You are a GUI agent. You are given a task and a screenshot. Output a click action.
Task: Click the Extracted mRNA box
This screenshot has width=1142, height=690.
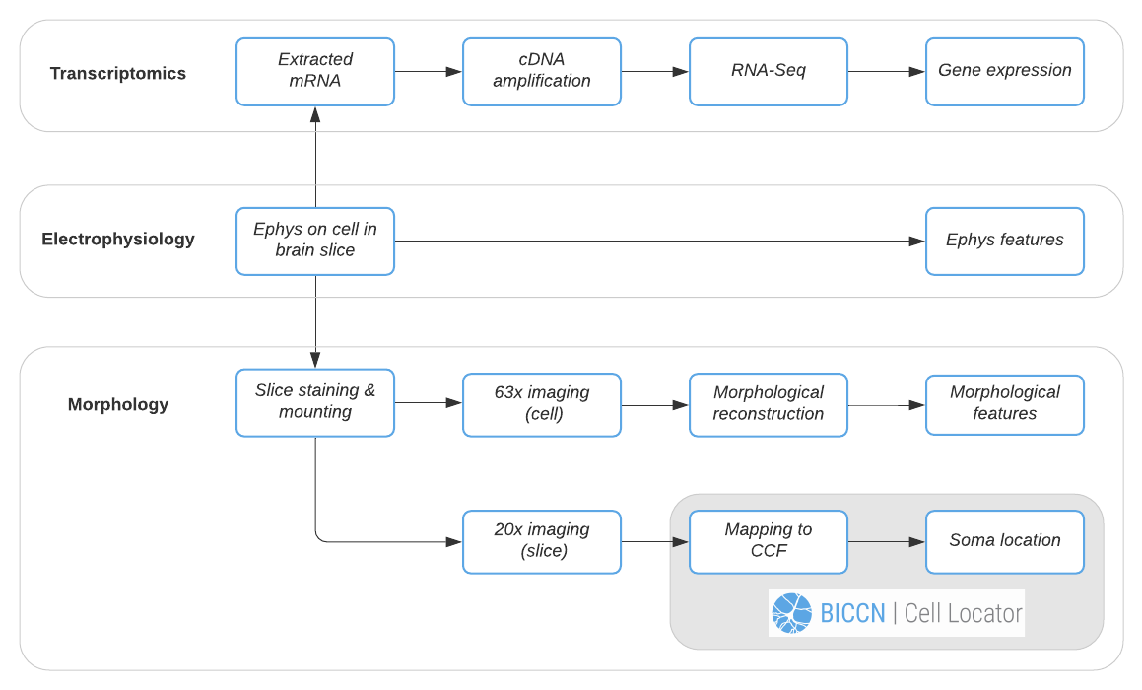pos(315,71)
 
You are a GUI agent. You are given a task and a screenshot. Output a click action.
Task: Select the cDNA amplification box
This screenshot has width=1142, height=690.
pos(542,71)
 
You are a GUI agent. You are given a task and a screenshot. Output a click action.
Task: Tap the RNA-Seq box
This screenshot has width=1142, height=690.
pos(769,71)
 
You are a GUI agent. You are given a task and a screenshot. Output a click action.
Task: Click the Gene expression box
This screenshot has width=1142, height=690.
pos(1005,71)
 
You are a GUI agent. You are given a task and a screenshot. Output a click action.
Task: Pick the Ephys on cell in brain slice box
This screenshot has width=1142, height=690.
pos(315,241)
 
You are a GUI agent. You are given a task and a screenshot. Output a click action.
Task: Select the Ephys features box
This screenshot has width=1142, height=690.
pos(1005,241)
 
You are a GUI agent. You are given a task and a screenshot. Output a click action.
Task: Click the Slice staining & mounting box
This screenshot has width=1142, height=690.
pos(315,402)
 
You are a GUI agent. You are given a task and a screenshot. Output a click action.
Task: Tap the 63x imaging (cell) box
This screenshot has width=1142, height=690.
pos(542,404)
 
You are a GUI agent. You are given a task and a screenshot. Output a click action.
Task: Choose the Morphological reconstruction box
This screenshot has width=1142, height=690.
pos(769,404)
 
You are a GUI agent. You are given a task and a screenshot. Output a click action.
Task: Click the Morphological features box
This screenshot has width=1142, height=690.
pos(1005,404)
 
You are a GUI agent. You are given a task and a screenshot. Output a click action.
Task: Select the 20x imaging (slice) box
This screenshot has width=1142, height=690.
pos(542,541)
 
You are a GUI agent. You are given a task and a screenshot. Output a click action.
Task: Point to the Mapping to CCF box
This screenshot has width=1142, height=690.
pos(769,541)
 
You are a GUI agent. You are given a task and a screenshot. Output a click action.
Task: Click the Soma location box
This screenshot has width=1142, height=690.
pos(1005,541)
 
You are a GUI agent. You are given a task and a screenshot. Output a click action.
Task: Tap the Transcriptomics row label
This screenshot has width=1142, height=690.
pos(118,74)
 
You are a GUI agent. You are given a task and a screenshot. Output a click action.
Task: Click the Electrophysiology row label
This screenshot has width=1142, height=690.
pos(118,240)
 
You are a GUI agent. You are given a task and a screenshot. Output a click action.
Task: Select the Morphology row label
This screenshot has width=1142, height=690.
pos(118,405)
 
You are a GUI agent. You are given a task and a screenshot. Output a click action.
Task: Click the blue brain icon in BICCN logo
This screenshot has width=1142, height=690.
pos(792,613)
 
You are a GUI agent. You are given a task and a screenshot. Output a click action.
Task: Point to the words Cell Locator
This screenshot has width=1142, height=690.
pos(963,613)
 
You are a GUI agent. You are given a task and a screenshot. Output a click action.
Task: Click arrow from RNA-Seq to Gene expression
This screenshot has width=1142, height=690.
pos(887,72)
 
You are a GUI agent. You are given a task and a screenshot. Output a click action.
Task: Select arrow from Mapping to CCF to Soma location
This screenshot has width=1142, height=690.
pos(887,542)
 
